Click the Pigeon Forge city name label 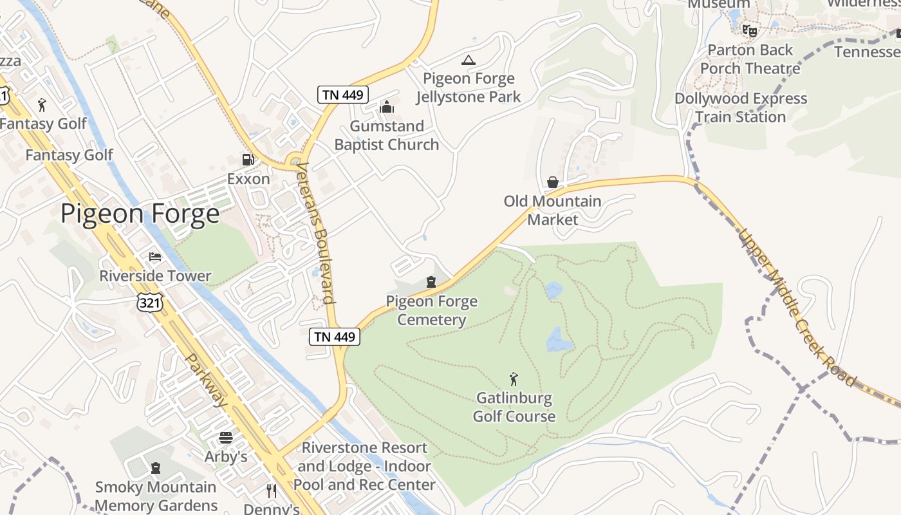[x=140, y=213]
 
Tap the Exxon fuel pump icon [x=248, y=160]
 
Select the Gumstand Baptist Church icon [x=387, y=107]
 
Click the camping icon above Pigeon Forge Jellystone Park [x=469, y=61]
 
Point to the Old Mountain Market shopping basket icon [x=552, y=182]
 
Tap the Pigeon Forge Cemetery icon [x=431, y=282]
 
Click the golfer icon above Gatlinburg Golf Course [x=514, y=379]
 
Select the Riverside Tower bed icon [x=155, y=257]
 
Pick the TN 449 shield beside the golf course [x=334, y=336]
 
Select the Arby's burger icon [x=226, y=438]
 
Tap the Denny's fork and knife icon [x=272, y=491]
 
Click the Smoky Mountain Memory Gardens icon [x=155, y=468]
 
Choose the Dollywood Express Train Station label [x=741, y=108]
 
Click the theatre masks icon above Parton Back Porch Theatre [x=749, y=30]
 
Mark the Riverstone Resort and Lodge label [x=365, y=466]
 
